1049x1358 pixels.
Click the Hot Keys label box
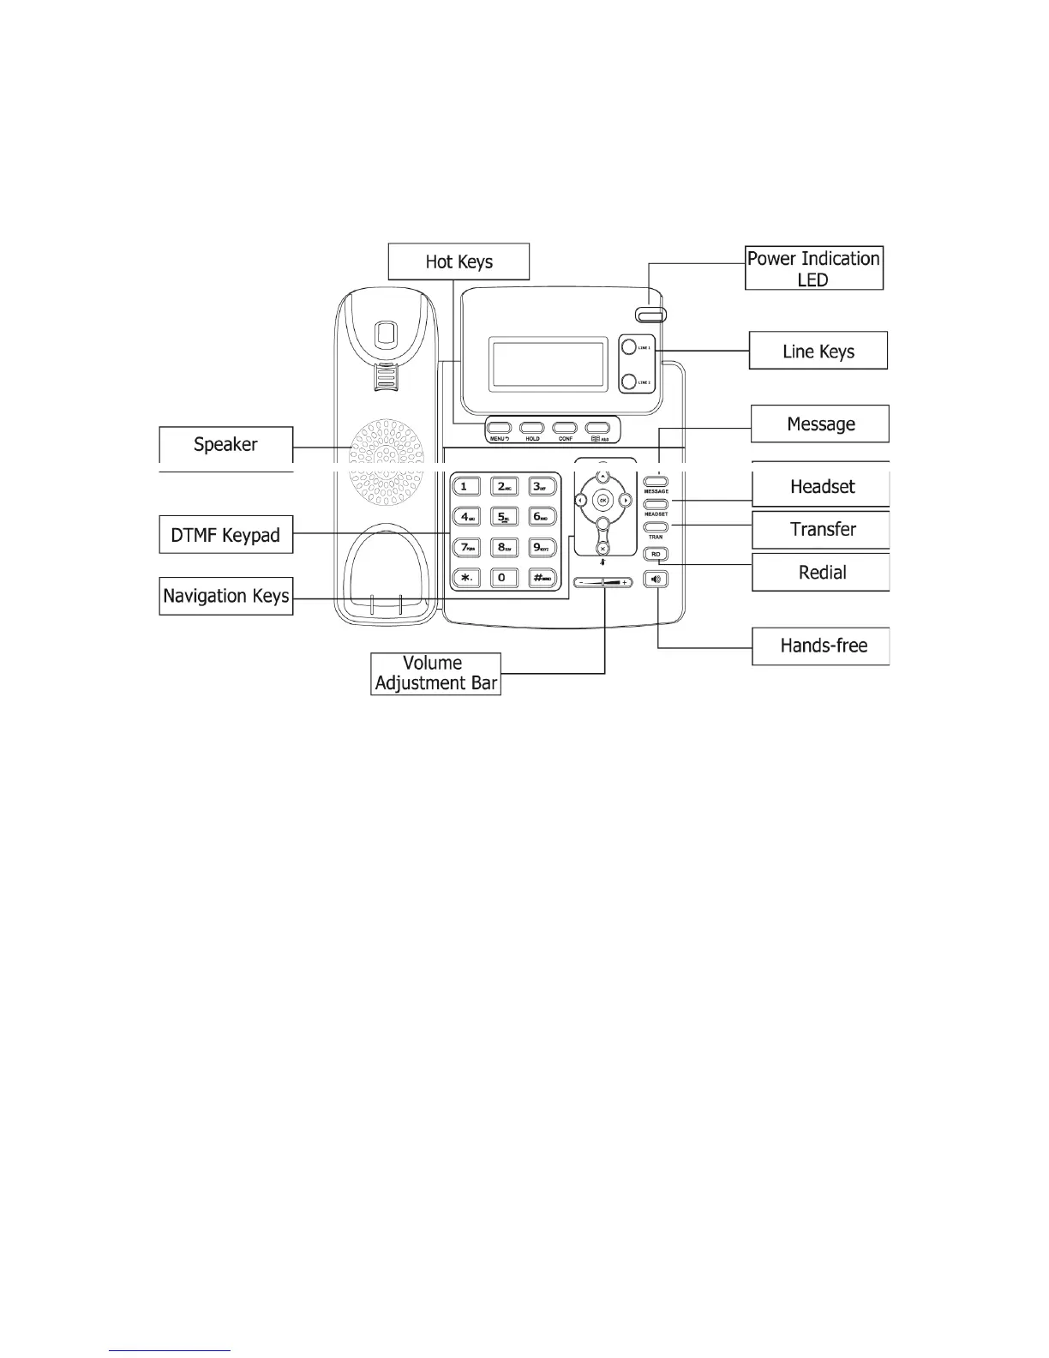[459, 261]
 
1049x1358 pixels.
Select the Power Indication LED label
[813, 268]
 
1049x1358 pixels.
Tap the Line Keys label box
[818, 351]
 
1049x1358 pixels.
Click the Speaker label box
[225, 444]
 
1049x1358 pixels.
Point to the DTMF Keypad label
[225, 535]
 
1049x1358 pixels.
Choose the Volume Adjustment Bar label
[435, 674]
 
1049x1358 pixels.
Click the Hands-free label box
[821, 646]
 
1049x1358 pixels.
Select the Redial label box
[821, 572]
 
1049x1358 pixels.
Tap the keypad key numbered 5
[503, 517]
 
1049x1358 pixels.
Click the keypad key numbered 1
[465, 487]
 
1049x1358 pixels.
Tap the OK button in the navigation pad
[602, 500]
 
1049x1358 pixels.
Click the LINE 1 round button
[628, 347]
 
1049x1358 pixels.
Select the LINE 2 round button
[628, 382]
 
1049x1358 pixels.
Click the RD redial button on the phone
[656, 555]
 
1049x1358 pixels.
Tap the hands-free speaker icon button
[656, 580]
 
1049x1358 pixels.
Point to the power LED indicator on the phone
[650, 314]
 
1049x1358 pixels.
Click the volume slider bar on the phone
[602, 582]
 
